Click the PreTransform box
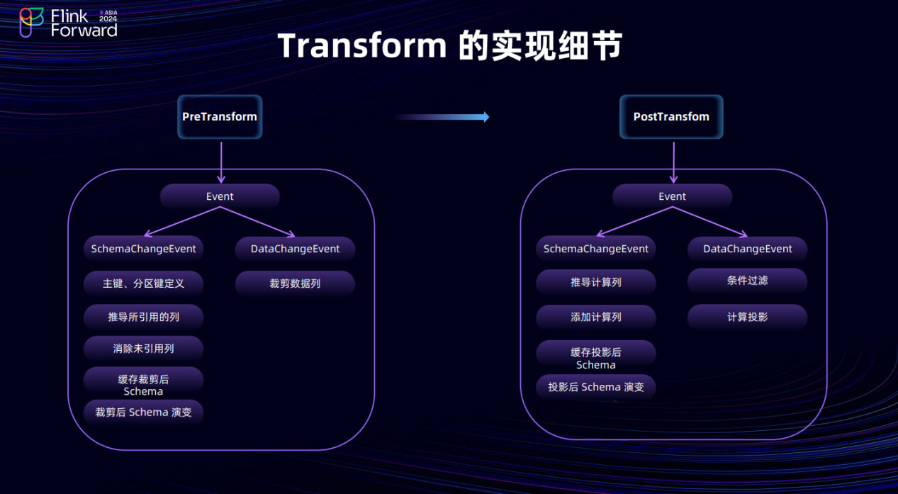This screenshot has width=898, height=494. click(220, 117)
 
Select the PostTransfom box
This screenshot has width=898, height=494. click(671, 117)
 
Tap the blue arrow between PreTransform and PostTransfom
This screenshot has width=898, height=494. click(442, 117)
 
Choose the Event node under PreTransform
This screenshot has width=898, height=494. click(220, 196)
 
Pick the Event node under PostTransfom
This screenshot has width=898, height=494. click(672, 196)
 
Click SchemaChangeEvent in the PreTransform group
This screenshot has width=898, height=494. click(144, 249)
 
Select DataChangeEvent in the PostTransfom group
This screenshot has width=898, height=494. click(748, 249)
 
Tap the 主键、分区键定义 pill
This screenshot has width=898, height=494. click(144, 284)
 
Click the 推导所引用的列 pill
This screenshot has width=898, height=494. click(144, 317)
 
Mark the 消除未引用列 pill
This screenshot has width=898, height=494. click(144, 349)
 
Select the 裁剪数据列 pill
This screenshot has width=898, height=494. click(295, 284)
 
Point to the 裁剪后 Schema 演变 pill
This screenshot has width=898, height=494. click(144, 412)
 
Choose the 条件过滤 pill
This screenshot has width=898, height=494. click(748, 281)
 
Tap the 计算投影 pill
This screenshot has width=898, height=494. click(748, 317)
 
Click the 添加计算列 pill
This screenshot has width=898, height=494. click(596, 317)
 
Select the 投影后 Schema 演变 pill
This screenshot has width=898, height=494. click(596, 387)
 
